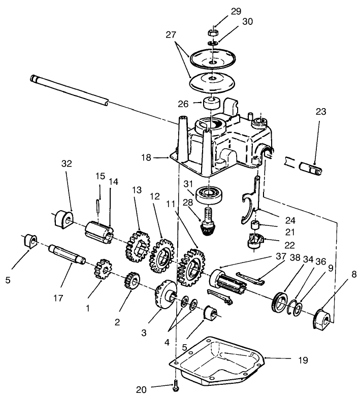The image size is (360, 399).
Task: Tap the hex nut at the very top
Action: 214,33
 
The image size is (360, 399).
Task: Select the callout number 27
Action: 172,35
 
